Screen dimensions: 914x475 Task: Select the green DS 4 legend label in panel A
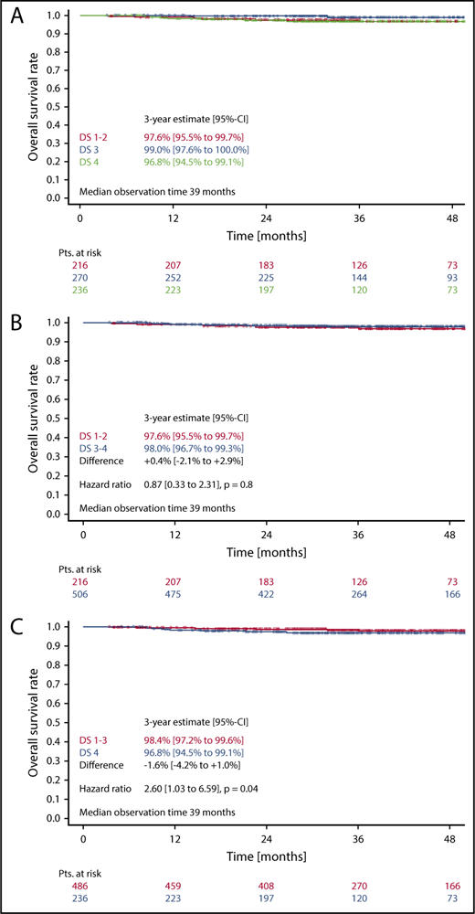click(x=90, y=162)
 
